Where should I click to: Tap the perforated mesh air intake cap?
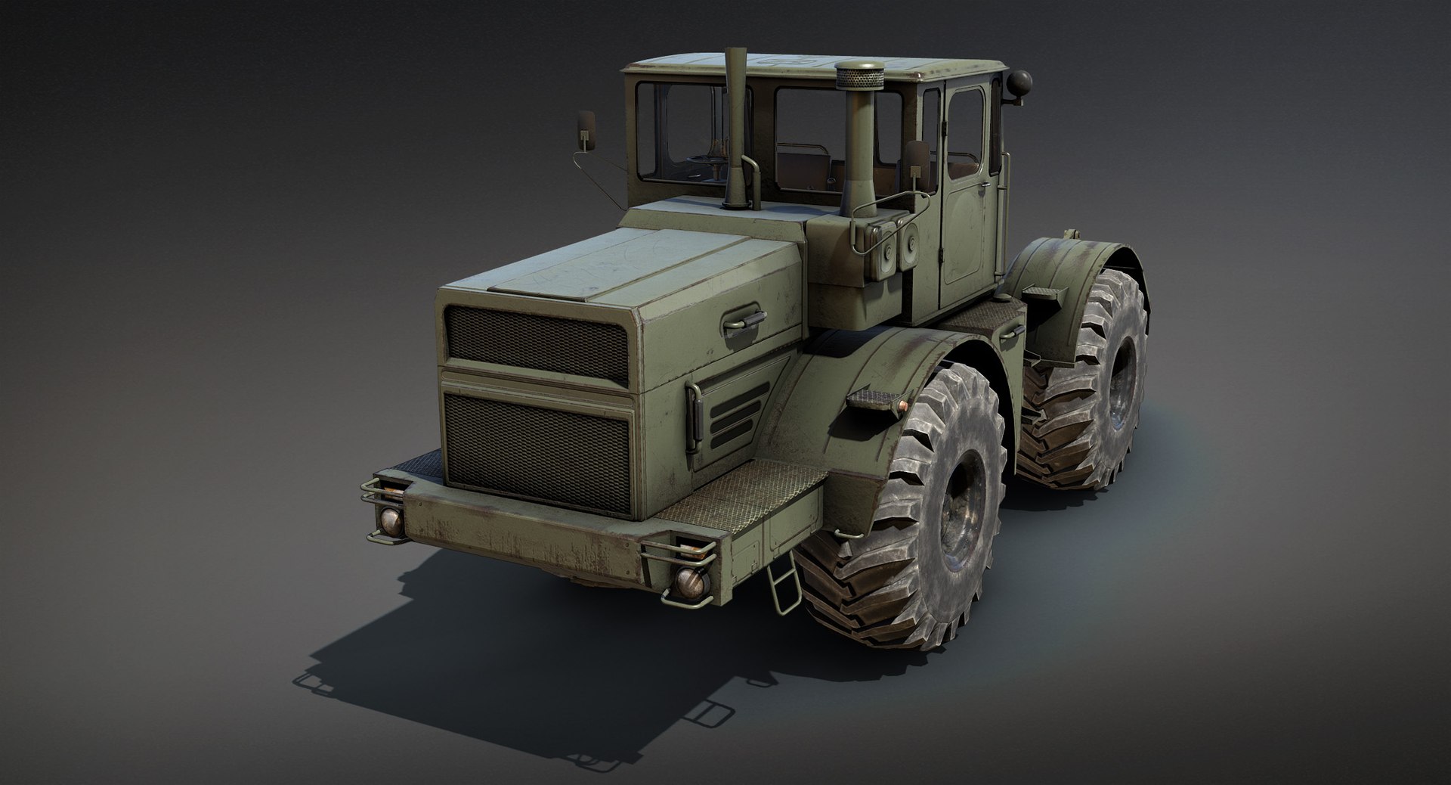(x=855, y=76)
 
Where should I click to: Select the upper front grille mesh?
(x=537, y=343)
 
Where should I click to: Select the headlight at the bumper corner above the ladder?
(x=690, y=580)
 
